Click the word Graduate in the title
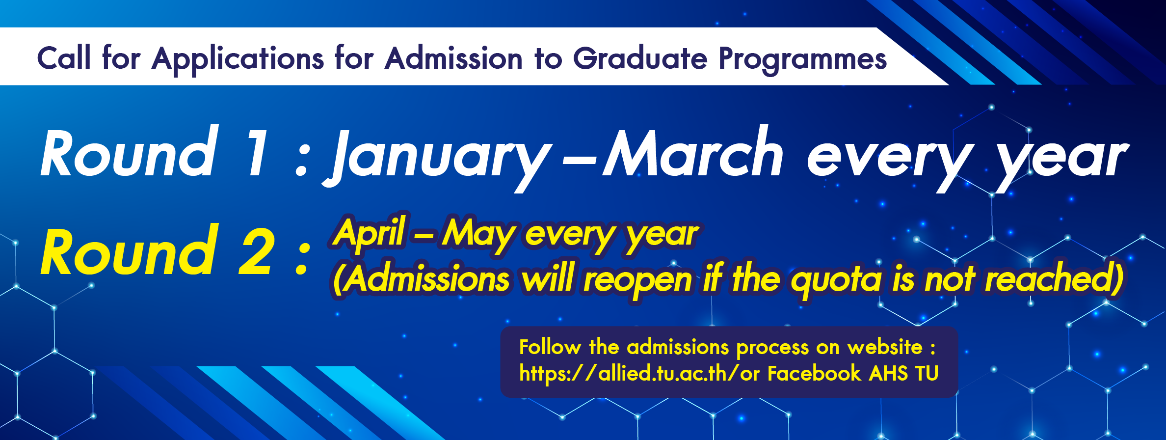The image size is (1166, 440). tap(640, 58)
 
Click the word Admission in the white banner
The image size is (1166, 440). tap(454, 58)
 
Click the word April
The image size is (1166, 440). tap(370, 233)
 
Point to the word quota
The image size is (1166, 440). tap(837, 280)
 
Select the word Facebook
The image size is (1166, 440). tap(814, 373)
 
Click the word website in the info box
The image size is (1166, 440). tap(885, 347)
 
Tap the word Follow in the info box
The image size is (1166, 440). tap(550, 347)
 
